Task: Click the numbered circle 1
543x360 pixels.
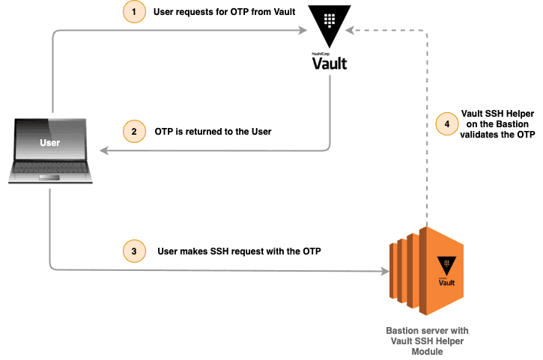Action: [x=133, y=13]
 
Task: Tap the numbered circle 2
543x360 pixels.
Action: [x=133, y=131]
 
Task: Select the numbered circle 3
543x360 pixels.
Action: [x=133, y=251]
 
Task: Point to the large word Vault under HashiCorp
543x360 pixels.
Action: [x=330, y=64]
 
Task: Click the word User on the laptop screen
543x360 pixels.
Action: [x=51, y=142]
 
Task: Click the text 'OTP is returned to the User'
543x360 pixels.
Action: [x=213, y=131]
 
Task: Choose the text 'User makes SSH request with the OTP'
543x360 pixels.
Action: [x=239, y=251]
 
